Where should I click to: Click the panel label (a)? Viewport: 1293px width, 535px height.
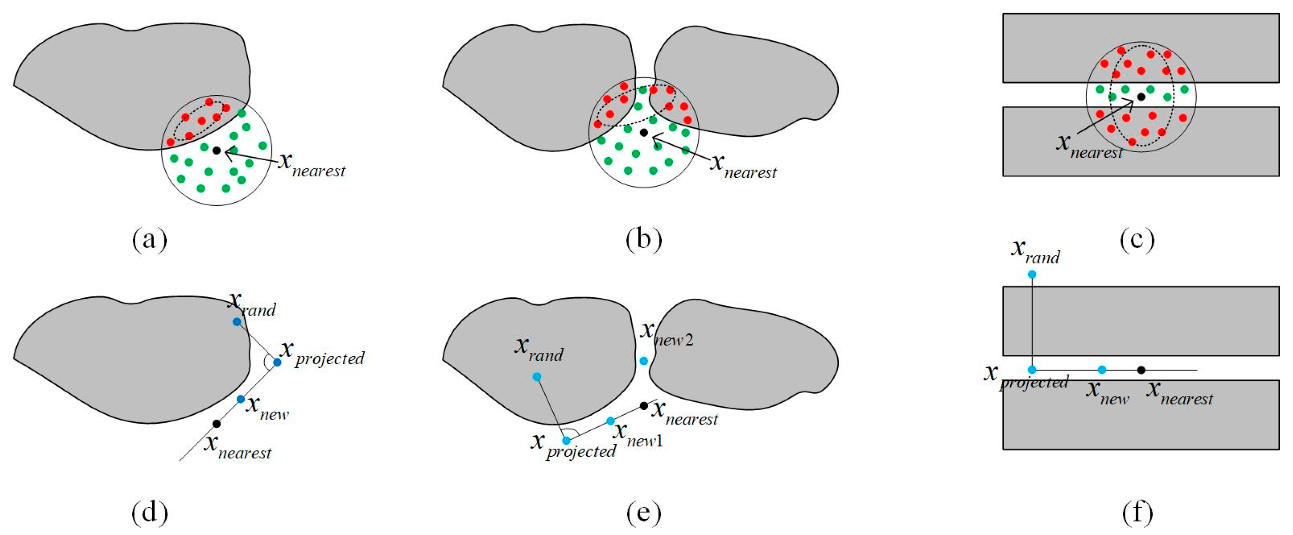(x=149, y=240)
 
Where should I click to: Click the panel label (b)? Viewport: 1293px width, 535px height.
(x=643, y=240)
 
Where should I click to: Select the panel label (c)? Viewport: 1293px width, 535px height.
(x=1137, y=240)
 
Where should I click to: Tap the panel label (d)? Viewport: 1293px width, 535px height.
(x=149, y=513)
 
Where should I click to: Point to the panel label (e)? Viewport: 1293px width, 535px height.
(x=643, y=513)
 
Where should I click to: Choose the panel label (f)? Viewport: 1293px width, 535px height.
(x=1137, y=513)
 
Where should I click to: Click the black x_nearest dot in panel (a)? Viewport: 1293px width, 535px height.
(x=217, y=150)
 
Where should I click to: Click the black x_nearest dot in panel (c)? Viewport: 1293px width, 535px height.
(x=1141, y=96)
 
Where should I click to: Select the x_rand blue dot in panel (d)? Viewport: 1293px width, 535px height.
(x=237, y=322)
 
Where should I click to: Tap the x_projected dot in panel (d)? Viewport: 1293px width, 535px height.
(x=277, y=362)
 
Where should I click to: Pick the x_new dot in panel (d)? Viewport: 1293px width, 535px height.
(x=240, y=399)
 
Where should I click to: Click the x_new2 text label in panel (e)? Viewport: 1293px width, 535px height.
(x=667, y=335)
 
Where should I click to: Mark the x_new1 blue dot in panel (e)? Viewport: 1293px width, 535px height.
(x=611, y=420)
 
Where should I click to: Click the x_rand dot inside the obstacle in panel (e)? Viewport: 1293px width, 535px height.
(x=536, y=376)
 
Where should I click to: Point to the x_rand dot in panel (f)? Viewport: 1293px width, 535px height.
(x=1032, y=274)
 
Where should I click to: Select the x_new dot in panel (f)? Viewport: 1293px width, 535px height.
(x=1102, y=370)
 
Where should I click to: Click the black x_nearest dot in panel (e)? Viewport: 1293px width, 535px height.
(x=644, y=405)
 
